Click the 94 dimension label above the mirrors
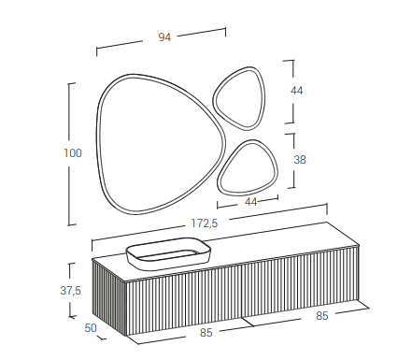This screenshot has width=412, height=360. (164, 37)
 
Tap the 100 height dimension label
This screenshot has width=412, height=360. (73, 153)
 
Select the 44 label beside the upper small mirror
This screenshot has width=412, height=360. (296, 91)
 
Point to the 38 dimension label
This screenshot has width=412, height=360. (300, 160)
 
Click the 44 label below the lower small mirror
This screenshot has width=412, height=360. (251, 202)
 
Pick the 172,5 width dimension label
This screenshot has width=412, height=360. (205, 223)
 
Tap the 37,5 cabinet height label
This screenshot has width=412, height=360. (70, 291)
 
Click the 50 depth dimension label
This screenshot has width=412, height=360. (91, 328)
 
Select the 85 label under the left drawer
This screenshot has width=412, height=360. (206, 333)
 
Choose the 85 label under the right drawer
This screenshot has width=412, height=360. (322, 316)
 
